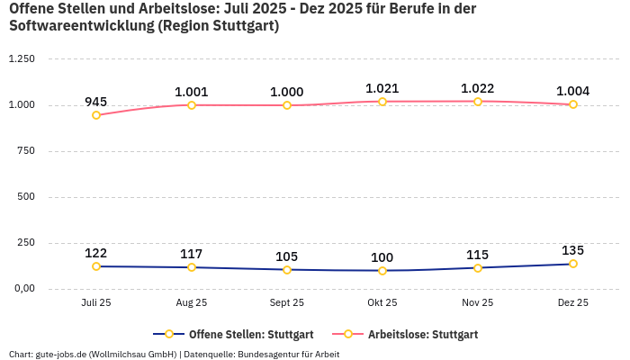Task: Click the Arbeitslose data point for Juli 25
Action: pyautogui.click(x=96, y=115)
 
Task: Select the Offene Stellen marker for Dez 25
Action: pyautogui.click(x=572, y=264)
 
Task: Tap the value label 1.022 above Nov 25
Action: pyautogui.click(x=477, y=88)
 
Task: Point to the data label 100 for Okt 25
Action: pyautogui.click(x=382, y=257)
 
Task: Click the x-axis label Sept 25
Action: pyautogui.click(x=286, y=303)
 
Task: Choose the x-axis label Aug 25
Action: pyautogui.click(x=192, y=303)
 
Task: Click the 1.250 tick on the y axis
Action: pyautogui.click(x=21, y=59)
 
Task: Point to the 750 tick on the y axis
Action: pyautogui.click(x=25, y=151)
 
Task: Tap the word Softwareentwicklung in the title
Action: pyautogui.click(x=80, y=26)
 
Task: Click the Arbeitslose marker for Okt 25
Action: pyautogui.click(x=382, y=102)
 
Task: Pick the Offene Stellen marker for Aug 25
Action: pyautogui.click(x=192, y=267)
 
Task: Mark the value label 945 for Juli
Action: pyautogui.click(x=96, y=102)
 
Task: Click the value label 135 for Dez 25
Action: pyautogui.click(x=572, y=250)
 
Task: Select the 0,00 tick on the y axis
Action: pyautogui.click(x=22, y=289)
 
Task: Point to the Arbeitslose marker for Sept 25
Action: pyautogui.click(x=286, y=105)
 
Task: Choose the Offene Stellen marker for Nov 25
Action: pyautogui.click(x=477, y=268)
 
